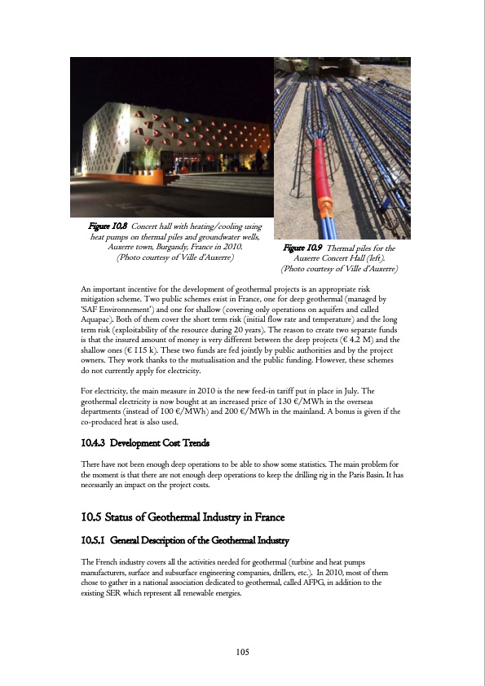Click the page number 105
coord(242,652)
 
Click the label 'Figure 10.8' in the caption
coord(109,226)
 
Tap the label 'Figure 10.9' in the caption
coord(302,248)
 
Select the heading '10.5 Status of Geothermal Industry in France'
coord(191,517)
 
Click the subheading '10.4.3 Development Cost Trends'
coord(146,443)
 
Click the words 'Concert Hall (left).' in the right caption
coord(349,257)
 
